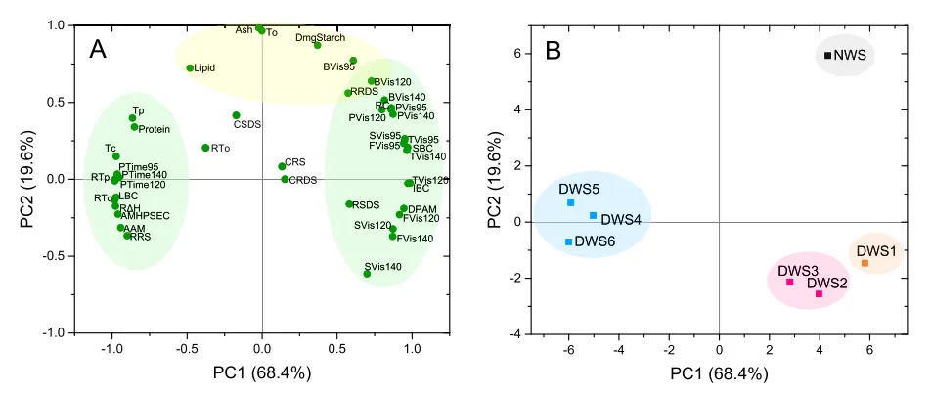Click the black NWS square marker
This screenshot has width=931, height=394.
tap(827, 56)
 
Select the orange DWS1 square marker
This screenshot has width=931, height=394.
tap(864, 263)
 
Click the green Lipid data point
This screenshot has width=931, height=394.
tap(190, 68)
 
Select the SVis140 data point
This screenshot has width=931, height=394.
tap(367, 274)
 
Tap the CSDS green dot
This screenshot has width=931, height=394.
tap(236, 115)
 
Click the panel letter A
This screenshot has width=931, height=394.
tap(98, 49)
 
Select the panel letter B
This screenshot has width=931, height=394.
tap(553, 50)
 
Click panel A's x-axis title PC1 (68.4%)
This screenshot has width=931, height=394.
tap(263, 372)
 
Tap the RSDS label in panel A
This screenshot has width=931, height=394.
tap(366, 205)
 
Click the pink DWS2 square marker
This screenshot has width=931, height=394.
tap(819, 293)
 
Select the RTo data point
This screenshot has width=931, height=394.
tap(205, 148)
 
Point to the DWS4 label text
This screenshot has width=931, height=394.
tap(620, 220)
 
